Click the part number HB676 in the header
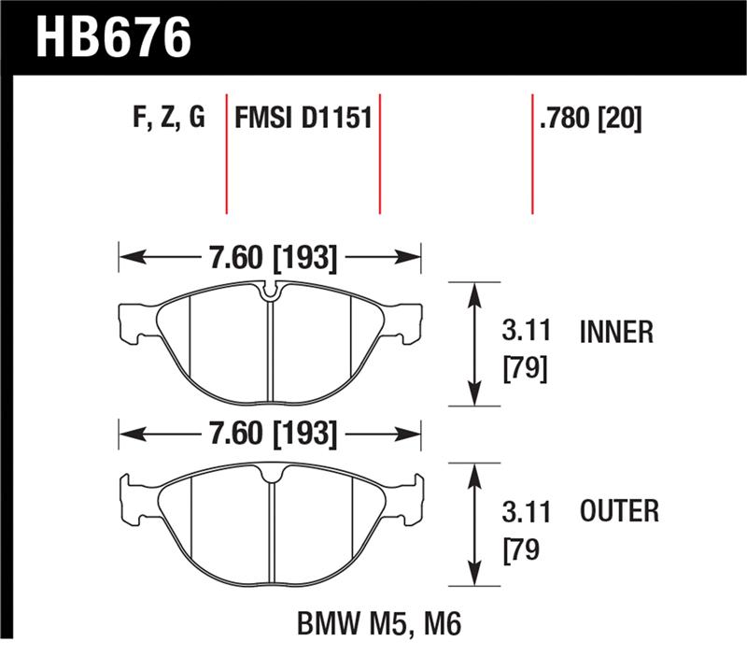pos(113,36)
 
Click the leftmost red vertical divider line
pos(227,154)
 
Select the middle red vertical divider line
pos(379,154)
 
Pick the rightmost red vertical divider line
pos(532,154)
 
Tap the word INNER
pos(616,332)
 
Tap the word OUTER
pos(619,511)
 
